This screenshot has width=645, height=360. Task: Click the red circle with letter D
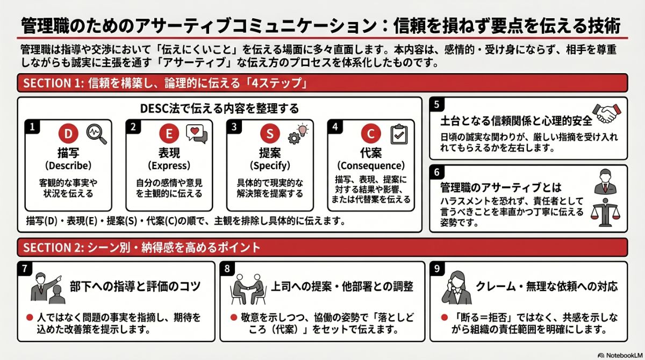[x=68, y=133]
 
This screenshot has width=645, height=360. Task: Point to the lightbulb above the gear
[x=303, y=128]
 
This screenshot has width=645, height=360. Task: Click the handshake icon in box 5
[x=609, y=113]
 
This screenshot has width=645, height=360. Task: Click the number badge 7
[x=24, y=268]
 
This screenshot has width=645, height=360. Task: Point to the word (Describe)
[x=68, y=165]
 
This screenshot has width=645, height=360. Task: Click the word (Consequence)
[x=370, y=165]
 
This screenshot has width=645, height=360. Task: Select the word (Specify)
[x=270, y=165]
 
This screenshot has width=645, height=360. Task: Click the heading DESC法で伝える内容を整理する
[x=219, y=108]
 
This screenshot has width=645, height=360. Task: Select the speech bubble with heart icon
[x=196, y=133]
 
